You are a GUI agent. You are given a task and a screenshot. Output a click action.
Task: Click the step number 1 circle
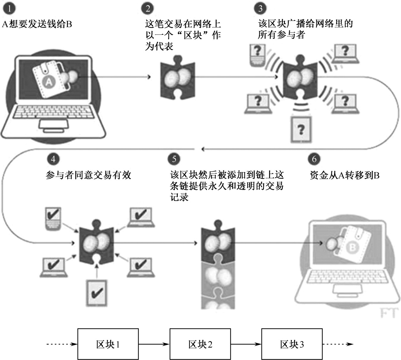[9, 9]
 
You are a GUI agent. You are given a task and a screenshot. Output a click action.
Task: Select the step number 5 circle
[174, 159]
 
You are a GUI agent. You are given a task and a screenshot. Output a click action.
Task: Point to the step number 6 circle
[314, 159]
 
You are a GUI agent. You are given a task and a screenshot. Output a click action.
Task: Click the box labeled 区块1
[108, 344]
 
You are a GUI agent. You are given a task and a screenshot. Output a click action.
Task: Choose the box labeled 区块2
[200, 344]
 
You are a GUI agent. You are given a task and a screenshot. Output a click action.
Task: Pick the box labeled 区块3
[292, 344]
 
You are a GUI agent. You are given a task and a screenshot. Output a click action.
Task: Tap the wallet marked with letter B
[353, 244]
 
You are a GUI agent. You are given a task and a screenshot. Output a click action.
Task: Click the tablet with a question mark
[301, 130]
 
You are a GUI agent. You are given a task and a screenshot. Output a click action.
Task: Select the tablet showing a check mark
[96, 292]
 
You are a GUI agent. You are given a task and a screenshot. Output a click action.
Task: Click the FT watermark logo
[389, 313]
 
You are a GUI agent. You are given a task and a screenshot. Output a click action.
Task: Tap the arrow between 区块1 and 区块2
[154, 344]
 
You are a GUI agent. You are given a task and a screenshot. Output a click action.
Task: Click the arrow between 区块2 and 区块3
[246, 344]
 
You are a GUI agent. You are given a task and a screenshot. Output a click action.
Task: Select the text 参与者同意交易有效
[88, 175]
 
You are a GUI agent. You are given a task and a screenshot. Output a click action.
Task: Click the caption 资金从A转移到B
[344, 175]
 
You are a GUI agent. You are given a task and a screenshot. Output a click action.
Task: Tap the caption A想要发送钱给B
[37, 24]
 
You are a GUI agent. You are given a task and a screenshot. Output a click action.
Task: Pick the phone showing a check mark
[53, 219]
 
